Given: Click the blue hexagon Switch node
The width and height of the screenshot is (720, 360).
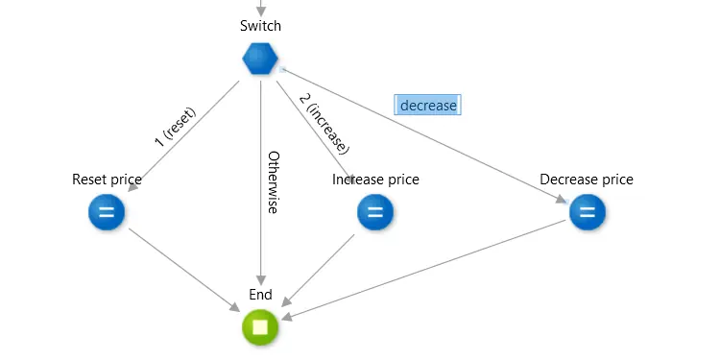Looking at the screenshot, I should (x=260, y=60).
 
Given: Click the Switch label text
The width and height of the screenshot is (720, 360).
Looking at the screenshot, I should (x=260, y=25).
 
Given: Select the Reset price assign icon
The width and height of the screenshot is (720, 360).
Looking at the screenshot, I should (x=107, y=212).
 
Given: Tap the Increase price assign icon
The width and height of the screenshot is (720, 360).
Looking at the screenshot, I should (x=375, y=212).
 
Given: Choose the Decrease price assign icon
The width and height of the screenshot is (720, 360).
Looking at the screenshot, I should (x=587, y=212).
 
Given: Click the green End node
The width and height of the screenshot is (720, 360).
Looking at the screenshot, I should (x=260, y=327).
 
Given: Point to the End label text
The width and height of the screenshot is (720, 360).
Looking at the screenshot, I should (x=260, y=295).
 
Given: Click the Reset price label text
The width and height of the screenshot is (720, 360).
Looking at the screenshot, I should (x=107, y=180).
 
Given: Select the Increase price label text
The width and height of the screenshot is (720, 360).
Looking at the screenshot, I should (x=375, y=180).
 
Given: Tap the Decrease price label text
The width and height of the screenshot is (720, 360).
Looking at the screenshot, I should (x=587, y=180).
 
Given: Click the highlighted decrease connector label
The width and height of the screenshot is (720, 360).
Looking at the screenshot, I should (x=428, y=105).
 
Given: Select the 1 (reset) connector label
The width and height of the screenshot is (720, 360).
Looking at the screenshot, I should (x=175, y=127).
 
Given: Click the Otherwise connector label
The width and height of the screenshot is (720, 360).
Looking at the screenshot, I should (x=273, y=181).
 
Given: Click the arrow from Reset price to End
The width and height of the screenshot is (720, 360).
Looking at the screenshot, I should (x=182, y=269).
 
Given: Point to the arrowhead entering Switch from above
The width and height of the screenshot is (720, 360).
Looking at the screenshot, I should (x=260, y=11).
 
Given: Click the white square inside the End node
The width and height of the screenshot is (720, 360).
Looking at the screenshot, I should (x=260, y=327).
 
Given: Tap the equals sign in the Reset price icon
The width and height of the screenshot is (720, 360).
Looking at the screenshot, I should (x=107, y=212).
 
